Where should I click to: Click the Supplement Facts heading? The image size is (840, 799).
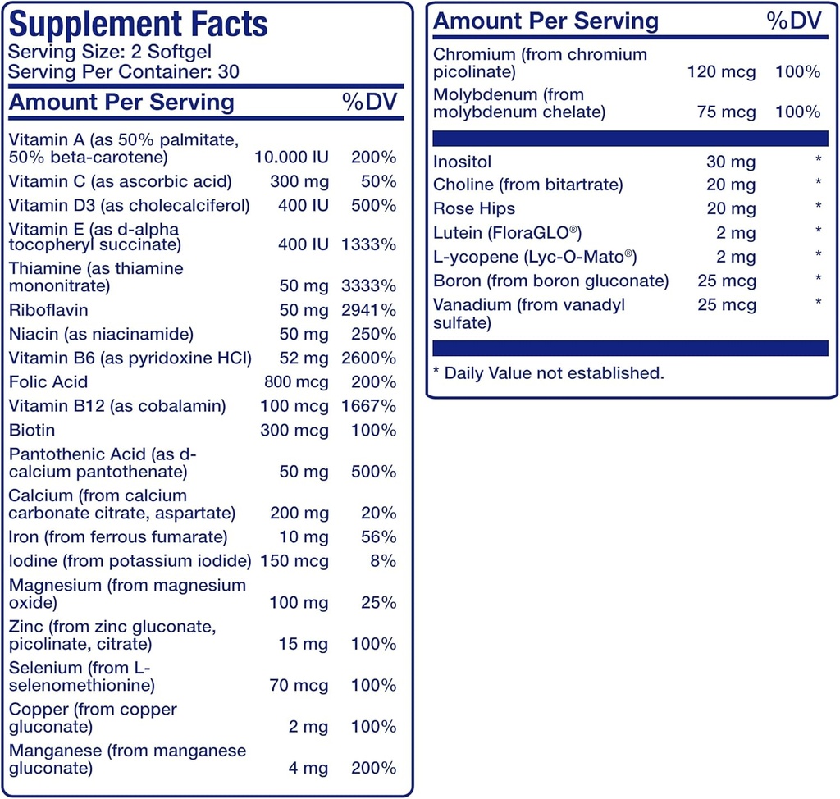pos(138,25)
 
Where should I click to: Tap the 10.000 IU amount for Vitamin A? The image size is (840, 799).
pos(291,157)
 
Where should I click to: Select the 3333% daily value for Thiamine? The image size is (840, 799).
pos(369,286)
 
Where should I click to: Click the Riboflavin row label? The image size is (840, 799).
pos(48,310)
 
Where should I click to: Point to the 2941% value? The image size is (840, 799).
pos(369,310)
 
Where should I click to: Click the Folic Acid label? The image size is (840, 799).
pos(48,381)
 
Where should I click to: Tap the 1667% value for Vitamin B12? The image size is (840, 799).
pos(369,406)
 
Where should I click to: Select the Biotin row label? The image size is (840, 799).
pos(32,430)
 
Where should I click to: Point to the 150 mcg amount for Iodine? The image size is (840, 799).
pos(294,561)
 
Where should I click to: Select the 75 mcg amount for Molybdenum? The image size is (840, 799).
pos(726,112)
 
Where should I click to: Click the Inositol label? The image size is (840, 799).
pos(463,162)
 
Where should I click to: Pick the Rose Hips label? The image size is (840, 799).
pos(474,208)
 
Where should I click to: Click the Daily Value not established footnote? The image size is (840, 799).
pos(548,373)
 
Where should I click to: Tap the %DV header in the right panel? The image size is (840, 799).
pos(793,21)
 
